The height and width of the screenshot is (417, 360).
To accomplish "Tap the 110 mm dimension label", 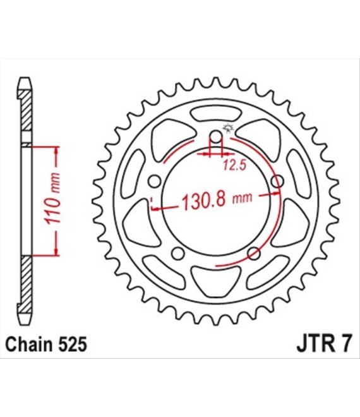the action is [52, 198].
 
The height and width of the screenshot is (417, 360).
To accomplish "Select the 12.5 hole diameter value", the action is [234, 166].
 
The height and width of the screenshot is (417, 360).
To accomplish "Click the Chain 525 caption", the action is [46, 344].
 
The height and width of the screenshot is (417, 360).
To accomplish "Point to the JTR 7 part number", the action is [325, 344].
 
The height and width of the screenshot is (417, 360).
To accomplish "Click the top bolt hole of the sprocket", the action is [217, 138].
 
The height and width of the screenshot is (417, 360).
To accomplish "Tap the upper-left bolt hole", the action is [155, 181].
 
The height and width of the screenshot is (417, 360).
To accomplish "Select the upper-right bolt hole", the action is [277, 181].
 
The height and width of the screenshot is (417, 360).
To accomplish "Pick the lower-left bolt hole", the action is [178, 253].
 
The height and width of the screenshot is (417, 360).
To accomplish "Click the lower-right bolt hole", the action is [254, 253].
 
